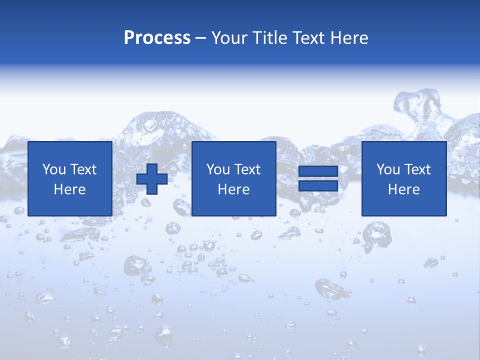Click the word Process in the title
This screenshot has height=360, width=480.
click(157, 38)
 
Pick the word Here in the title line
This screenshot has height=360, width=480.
click(349, 38)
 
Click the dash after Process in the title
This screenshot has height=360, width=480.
click(200, 39)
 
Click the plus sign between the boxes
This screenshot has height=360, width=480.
click(152, 178)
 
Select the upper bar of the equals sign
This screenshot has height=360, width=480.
click(318, 171)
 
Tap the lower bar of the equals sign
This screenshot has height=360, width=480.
click(318, 186)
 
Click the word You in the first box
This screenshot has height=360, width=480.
click(54, 169)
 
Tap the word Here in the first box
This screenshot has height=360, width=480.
click(69, 189)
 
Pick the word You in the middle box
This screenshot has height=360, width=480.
click(218, 169)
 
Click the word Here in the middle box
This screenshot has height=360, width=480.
click(233, 189)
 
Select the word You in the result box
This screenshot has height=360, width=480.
click(388, 169)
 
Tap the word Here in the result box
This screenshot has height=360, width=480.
click(403, 189)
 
